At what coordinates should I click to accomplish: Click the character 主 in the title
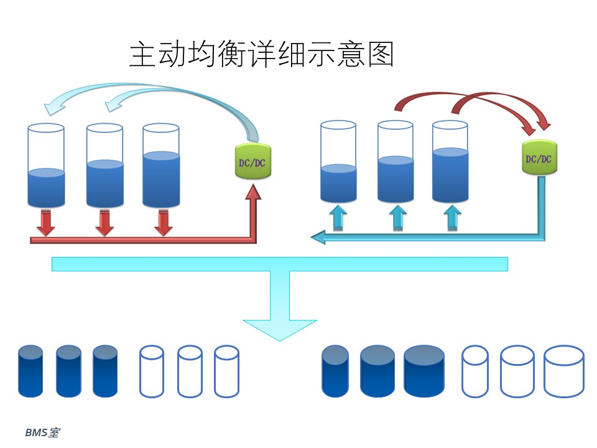[x=142, y=55]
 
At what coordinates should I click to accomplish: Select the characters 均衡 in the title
[x=202, y=54]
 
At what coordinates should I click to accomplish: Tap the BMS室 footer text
[x=42, y=432]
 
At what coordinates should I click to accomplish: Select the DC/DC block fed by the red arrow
[x=253, y=162]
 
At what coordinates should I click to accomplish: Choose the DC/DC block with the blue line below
[x=539, y=157]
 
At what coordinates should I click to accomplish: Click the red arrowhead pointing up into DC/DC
[x=253, y=192]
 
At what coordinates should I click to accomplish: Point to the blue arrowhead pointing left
[x=318, y=237]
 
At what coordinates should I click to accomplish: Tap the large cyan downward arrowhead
[x=280, y=330]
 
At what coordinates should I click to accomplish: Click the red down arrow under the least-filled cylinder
[x=46, y=223]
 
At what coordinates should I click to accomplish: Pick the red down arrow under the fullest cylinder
[x=164, y=223]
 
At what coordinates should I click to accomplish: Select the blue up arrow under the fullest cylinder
[x=452, y=218]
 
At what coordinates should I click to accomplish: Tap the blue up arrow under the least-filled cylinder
[x=338, y=218]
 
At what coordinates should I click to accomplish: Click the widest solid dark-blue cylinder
[x=423, y=371]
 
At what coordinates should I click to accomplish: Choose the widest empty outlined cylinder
[x=564, y=371]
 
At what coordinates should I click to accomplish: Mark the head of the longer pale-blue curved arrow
[x=52, y=108]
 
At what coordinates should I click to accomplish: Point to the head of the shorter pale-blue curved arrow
[x=113, y=105]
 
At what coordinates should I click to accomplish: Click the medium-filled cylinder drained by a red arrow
[x=104, y=166]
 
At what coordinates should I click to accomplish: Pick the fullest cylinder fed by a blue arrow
[x=450, y=161]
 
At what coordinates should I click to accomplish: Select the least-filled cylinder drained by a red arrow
[x=46, y=166]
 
